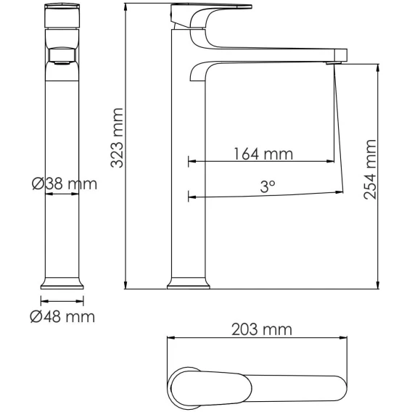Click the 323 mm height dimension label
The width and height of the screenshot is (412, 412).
tap(117, 138)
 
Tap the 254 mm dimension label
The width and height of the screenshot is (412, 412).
tap(370, 170)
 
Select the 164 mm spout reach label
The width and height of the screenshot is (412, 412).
tap(263, 154)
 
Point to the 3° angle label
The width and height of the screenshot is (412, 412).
tap(268, 186)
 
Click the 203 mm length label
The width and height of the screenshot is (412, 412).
tap(262, 329)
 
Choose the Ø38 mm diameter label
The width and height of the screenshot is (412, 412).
tap(65, 184)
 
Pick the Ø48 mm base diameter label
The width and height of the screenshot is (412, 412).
tap(62, 317)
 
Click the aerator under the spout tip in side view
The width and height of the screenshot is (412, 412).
tap(334, 63)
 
